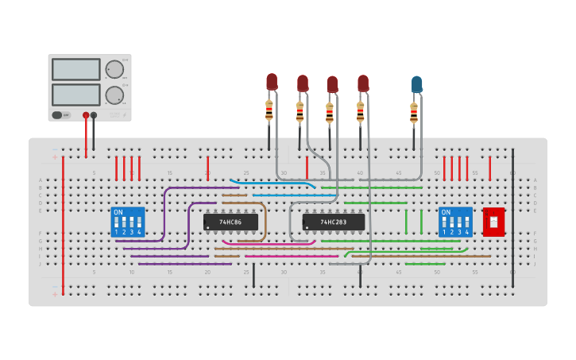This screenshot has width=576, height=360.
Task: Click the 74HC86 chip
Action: (x=230, y=222)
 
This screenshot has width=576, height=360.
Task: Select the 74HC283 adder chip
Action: (x=334, y=222)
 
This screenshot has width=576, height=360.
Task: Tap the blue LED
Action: (x=416, y=83)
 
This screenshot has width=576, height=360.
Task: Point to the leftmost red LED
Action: (x=272, y=81)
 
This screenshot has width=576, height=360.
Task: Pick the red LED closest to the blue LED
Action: (x=363, y=83)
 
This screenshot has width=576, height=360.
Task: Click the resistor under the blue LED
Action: (x=414, y=114)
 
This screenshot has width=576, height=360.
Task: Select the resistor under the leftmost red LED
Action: (x=269, y=110)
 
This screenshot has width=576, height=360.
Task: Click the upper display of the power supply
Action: (x=76, y=69)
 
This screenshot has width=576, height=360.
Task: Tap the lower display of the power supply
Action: (x=76, y=95)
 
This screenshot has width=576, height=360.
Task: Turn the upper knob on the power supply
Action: (x=114, y=69)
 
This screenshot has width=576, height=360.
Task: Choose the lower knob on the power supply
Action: (x=114, y=95)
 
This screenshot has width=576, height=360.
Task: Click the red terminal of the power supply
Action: (x=86, y=115)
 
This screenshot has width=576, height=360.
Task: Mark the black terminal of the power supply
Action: (x=94, y=115)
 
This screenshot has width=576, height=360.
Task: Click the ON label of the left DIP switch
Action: (x=118, y=213)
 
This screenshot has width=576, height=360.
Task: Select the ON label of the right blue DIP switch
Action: (x=446, y=213)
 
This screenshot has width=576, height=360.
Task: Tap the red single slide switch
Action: (x=493, y=222)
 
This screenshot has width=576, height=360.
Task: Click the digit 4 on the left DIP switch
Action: (x=139, y=232)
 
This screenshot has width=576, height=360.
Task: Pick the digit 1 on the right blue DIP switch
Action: (x=444, y=232)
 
